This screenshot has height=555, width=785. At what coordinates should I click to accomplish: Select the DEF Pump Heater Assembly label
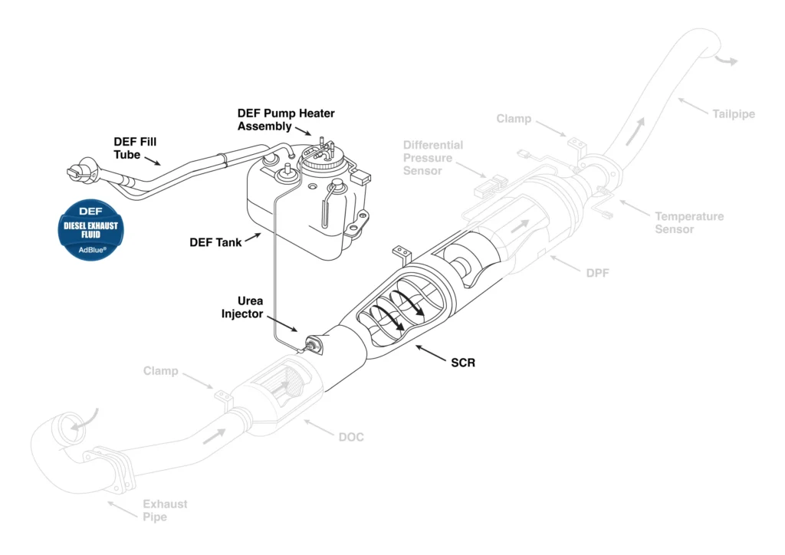click(x=285, y=120)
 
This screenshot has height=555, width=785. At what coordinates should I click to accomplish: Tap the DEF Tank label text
click(x=215, y=242)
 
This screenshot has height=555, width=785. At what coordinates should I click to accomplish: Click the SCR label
click(x=463, y=363)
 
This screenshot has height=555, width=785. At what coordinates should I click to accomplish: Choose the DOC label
click(x=351, y=437)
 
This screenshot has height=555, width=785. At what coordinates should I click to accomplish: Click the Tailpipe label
click(x=734, y=114)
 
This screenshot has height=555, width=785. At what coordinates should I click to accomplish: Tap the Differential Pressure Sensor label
click(x=433, y=158)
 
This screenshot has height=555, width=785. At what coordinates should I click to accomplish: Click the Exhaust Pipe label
click(x=165, y=511)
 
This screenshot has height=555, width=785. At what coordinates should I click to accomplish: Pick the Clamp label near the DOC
click(x=160, y=371)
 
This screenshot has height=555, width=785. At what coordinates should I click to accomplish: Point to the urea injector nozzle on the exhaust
click(x=312, y=346)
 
